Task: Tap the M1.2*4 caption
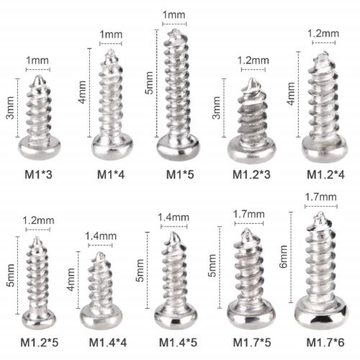tap(325, 174)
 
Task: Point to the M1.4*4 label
tap(107, 341)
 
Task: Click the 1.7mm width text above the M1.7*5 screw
tap(247, 213)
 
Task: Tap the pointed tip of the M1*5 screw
tap(175, 32)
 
